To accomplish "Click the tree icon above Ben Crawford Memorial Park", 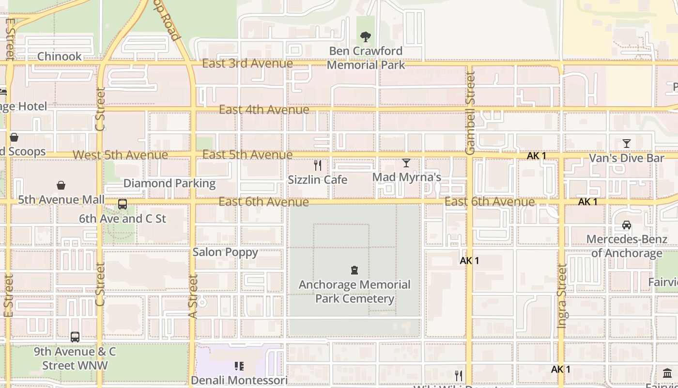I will pos(366,36).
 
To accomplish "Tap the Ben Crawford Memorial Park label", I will pos(366,58).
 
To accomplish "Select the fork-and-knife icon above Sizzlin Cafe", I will pos(318,165).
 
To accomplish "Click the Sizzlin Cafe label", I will pos(318,180).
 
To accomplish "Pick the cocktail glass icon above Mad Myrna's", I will pos(406,163).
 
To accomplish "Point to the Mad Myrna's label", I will pos(406,177).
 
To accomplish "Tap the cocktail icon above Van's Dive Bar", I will pos(627,144).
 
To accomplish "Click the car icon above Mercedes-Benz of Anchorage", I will pos(627,225).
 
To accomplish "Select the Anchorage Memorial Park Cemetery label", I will pos(354,291).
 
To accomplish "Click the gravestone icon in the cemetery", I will pos(354,270).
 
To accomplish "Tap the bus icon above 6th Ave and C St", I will pos(123,204).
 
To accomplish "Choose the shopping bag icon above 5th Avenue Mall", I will pos(61,185).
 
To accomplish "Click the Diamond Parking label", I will pos(169,183).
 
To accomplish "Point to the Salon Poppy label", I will pos(225,252).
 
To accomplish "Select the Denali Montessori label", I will pos(239,380).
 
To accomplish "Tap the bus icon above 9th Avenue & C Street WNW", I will pos(75,337).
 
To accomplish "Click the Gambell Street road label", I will pos(470,113).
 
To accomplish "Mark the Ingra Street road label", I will pos(562,296).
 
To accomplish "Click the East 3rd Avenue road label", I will pos(247,64).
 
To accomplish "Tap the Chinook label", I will pos(60,56).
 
